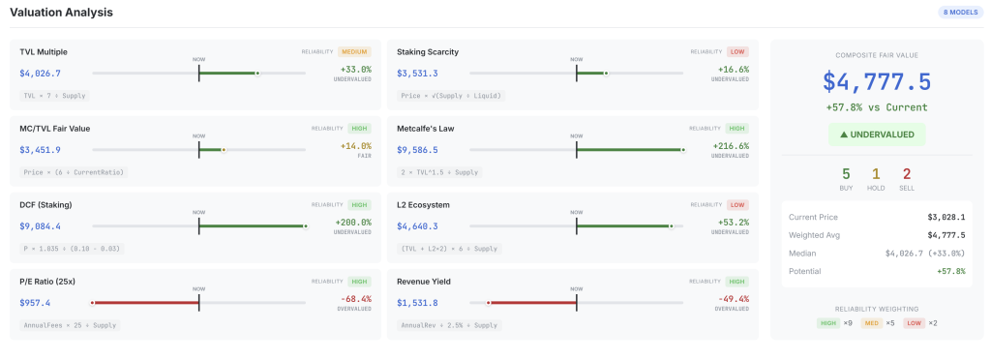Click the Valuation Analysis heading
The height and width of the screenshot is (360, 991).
(x=61, y=13)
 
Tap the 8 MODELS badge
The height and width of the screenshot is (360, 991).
(x=960, y=13)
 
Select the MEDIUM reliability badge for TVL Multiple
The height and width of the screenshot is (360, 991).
(x=354, y=51)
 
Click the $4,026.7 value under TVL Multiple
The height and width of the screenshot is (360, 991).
(x=40, y=73)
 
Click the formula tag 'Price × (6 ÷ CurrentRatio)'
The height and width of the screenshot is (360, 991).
(x=74, y=172)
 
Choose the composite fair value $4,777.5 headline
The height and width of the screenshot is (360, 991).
(x=876, y=81)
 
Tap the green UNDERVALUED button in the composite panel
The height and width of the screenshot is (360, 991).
(x=876, y=135)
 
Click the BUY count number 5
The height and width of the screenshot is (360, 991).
(x=846, y=174)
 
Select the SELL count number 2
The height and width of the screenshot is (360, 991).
(x=906, y=174)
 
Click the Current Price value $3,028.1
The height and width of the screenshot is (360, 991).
(x=945, y=217)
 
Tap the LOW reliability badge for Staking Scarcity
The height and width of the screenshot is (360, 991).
(x=737, y=51)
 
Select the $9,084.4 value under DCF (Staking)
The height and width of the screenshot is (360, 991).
(x=40, y=226)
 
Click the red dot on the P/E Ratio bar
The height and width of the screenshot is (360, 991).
(x=93, y=303)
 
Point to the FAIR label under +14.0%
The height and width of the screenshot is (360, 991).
(x=365, y=156)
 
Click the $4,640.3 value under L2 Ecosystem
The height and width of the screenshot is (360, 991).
(x=417, y=226)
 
